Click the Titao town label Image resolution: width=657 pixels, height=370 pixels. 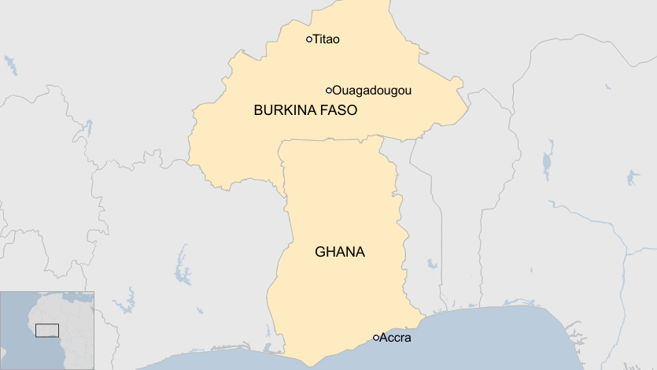pyautogui.click(x=326, y=39)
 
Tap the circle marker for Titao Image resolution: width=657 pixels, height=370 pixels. pyautogui.click(x=309, y=39)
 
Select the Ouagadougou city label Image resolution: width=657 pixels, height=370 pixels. pyautogui.click(x=371, y=91)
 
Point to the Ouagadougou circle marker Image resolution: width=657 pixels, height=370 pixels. pyautogui.click(x=329, y=91)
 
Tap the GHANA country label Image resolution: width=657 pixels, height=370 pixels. pyautogui.click(x=340, y=253)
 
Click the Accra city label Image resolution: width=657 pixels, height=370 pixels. pyautogui.click(x=395, y=339)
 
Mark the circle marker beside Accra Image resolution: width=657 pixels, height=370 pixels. pyautogui.click(x=376, y=338)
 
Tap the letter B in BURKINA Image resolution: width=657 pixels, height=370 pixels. pyautogui.click(x=258, y=111)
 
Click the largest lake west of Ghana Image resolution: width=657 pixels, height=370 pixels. pyautogui.click(x=184, y=266)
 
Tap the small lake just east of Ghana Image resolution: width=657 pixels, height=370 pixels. pyautogui.click(x=431, y=264)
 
